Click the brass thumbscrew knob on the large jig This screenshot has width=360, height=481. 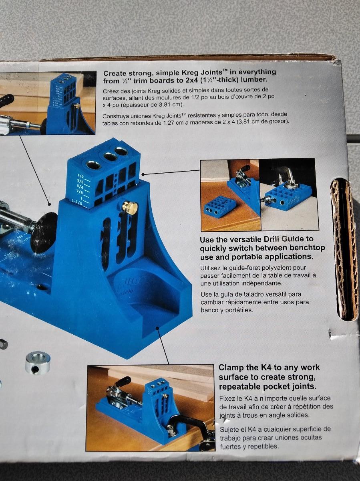point(130,207)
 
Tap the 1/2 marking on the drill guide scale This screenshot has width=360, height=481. point(80,176)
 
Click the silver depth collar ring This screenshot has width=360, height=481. point(38,363)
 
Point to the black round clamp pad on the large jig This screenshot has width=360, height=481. point(43,232)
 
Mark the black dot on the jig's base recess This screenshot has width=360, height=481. point(157,328)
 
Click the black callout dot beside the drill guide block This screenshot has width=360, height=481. point(143,174)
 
